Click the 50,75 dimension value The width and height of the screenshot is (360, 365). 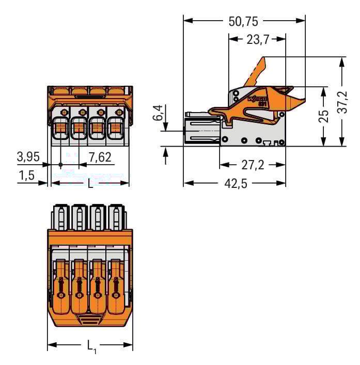(244, 21)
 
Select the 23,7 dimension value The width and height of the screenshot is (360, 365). (257, 39)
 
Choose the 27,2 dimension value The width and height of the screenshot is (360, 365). (253, 165)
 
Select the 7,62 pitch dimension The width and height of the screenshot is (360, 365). (100, 157)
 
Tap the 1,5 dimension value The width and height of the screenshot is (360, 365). (26, 176)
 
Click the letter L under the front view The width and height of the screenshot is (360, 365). (90, 183)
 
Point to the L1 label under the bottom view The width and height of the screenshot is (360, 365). (91, 346)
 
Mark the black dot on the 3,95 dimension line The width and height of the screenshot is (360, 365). (61, 165)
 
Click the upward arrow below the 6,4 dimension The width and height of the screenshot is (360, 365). (166, 155)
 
